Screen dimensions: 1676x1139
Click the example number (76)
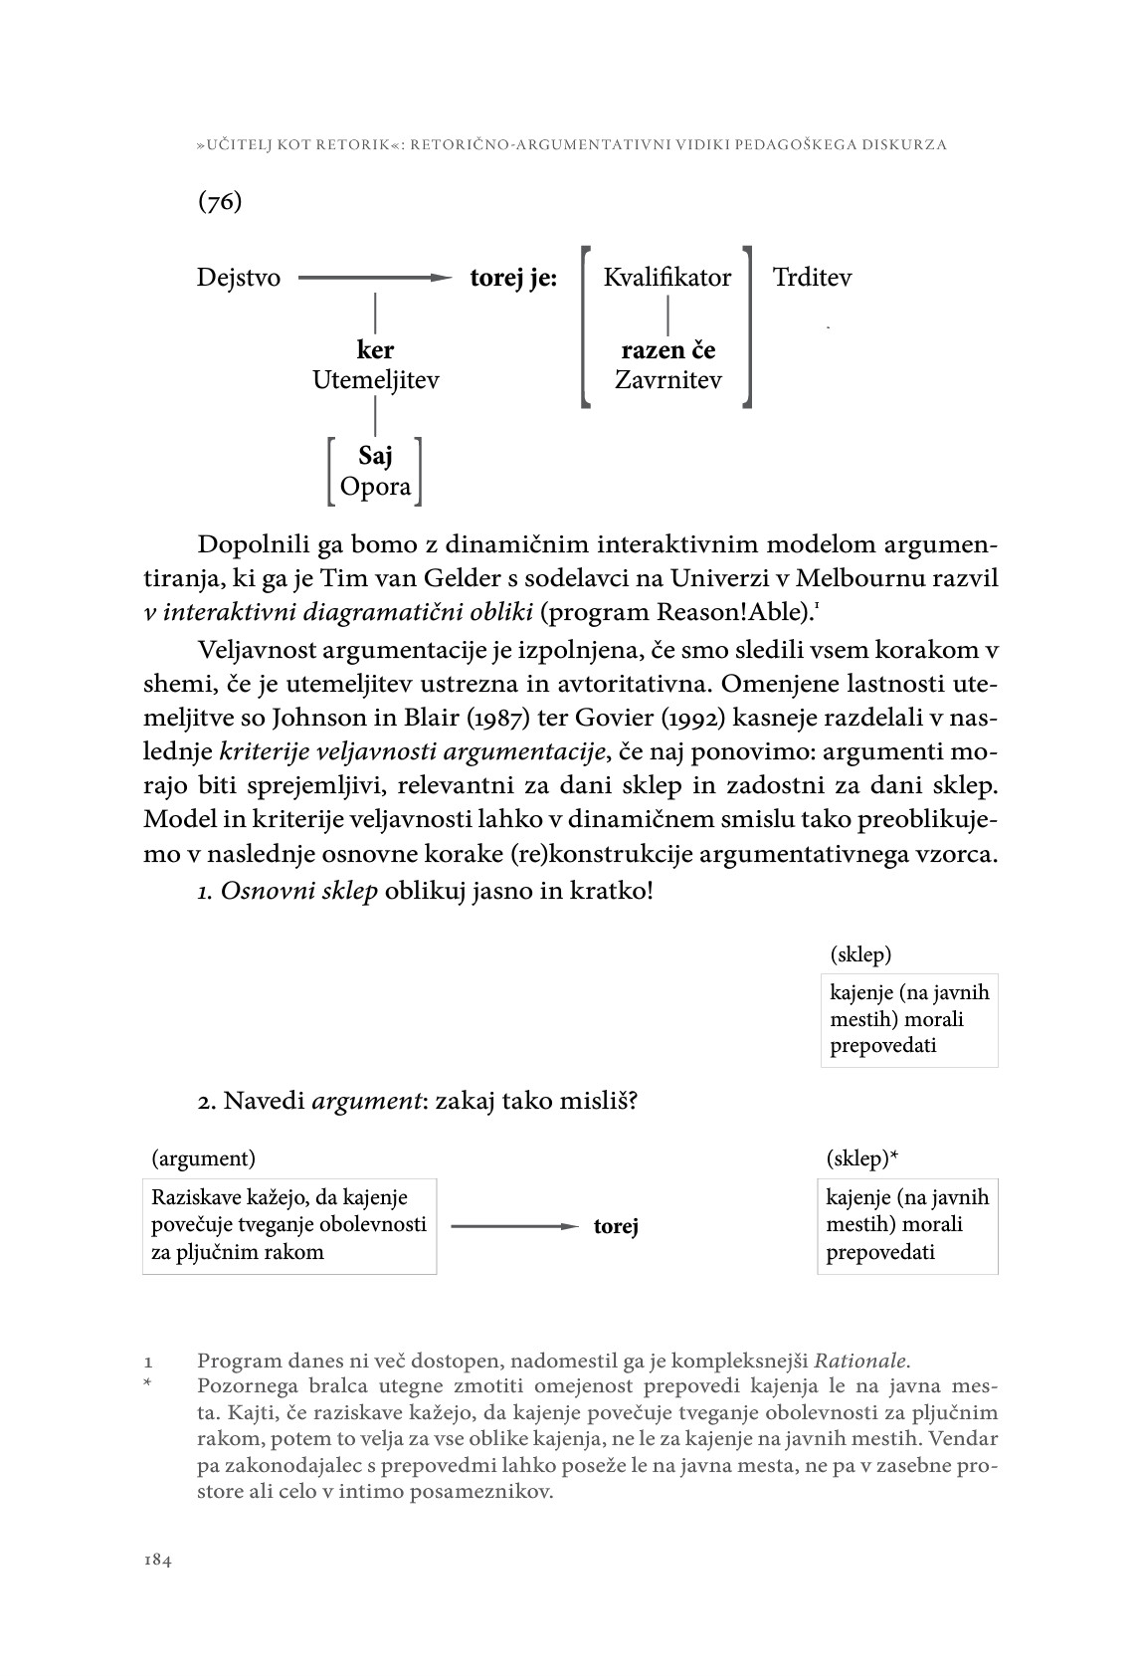click(x=220, y=201)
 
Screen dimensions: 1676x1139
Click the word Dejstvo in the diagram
click(x=239, y=278)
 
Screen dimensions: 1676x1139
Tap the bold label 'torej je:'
click(x=513, y=279)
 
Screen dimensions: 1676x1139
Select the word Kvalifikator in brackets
click(x=667, y=278)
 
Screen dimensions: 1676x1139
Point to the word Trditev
click(x=812, y=278)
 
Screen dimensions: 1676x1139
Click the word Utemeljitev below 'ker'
click(x=375, y=380)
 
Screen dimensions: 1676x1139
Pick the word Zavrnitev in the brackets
click(x=667, y=380)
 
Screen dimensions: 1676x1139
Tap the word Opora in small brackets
click(x=375, y=487)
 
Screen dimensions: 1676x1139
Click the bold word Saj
click(x=375, y=456)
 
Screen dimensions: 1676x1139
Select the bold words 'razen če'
click(x=667, y=350)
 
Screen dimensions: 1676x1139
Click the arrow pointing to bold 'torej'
click(x=513, y=1226)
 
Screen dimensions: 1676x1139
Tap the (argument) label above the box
click(x=203, y=1158)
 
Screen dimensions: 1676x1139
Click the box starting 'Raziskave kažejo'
click(x=289, y=1225)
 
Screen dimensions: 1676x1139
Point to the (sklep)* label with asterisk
click(x=862, y=1158)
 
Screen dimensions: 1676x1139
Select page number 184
click(x=158, y=1561)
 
